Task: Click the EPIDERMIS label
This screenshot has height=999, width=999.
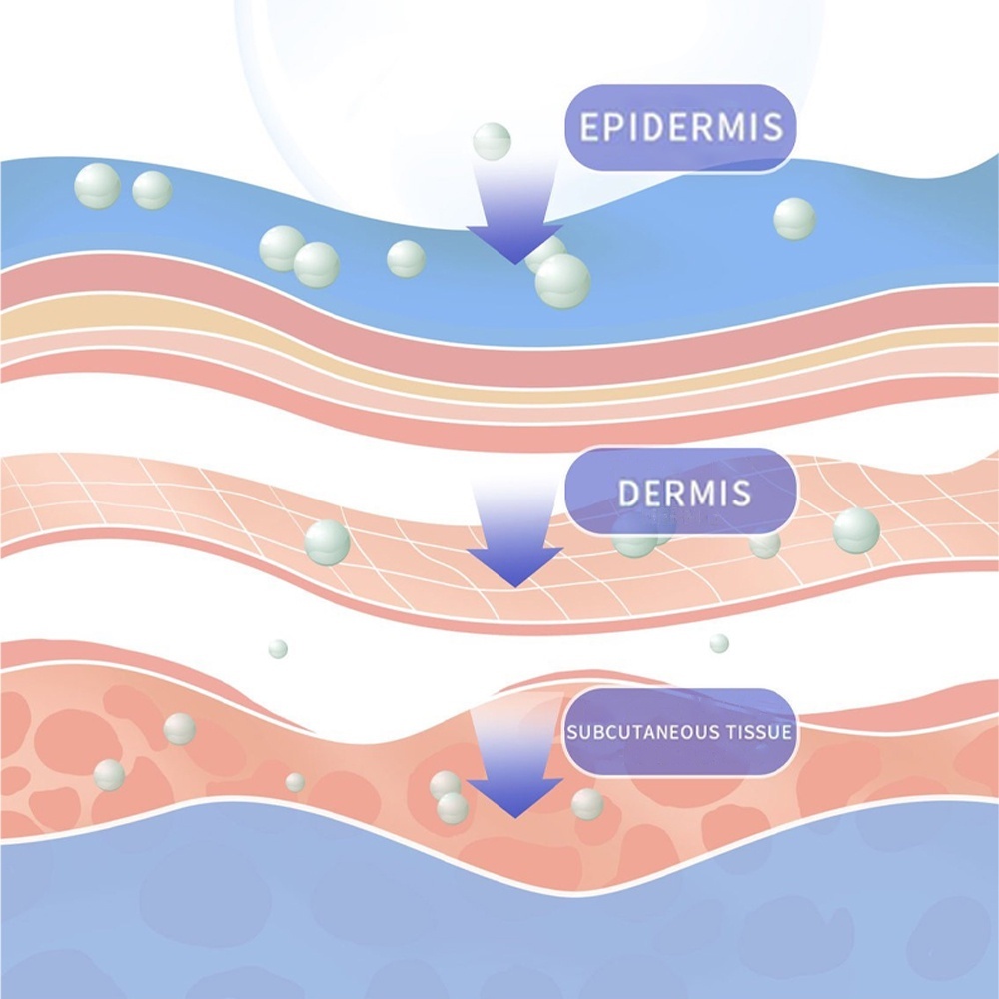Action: pos(680,129)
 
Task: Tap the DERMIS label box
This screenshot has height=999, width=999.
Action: pos(683,492)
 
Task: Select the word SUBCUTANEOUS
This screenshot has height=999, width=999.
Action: pos(639,732)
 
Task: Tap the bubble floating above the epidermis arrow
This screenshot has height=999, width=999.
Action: pos(492,141)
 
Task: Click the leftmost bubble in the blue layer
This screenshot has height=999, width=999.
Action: pos(98,186)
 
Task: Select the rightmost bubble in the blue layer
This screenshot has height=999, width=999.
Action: pos(794,218)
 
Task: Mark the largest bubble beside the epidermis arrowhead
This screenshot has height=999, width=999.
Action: pos(563,280)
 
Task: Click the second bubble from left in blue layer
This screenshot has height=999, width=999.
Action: pos(152,190)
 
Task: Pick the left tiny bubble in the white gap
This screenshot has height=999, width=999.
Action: pos(278,649)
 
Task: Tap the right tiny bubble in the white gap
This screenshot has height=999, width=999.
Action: pos(719,643)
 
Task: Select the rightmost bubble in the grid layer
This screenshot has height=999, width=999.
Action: pos(856,529)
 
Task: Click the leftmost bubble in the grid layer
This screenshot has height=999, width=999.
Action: pos(327,542)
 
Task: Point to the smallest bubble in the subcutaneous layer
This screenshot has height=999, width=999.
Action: pos(295,782)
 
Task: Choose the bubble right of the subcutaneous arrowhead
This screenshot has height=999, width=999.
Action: pos(587,803)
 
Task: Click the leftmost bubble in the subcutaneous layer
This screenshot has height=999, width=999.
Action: pos(109,774)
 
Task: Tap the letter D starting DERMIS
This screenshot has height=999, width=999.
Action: pos(628,493)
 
